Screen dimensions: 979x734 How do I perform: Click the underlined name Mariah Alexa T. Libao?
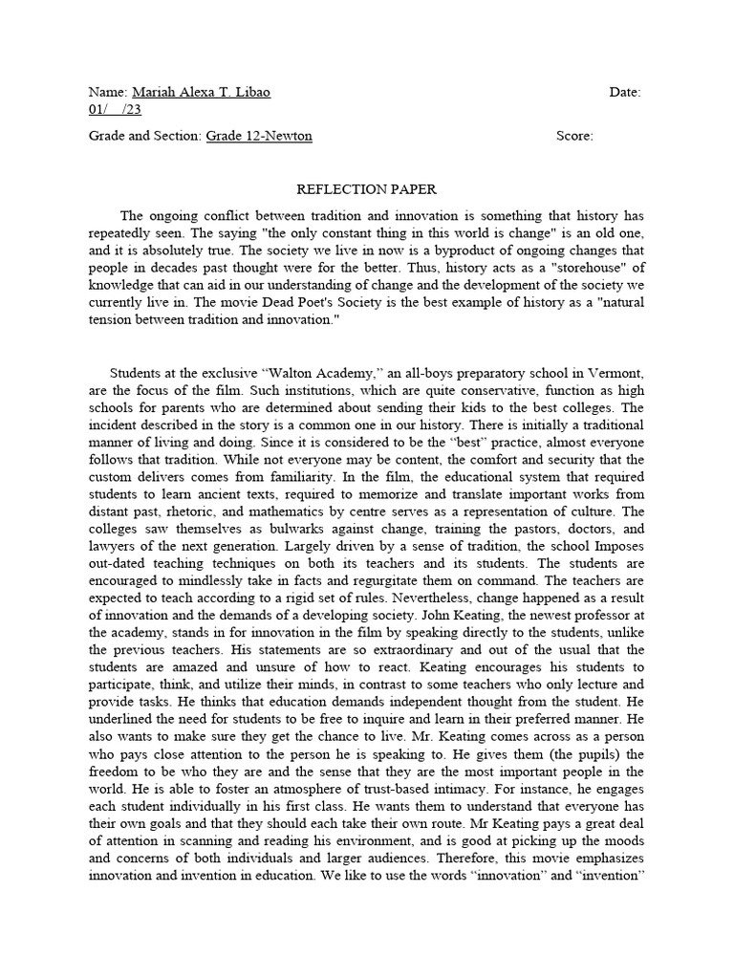click(x=201, y=92)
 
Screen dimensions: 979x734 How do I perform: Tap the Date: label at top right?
click(x=624, y=92)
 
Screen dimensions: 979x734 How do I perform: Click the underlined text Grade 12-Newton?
click(x=259, y=136)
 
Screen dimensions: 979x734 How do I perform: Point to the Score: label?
click(x=574, y=136)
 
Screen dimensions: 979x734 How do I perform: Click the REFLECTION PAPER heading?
click(x=366, y=189)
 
